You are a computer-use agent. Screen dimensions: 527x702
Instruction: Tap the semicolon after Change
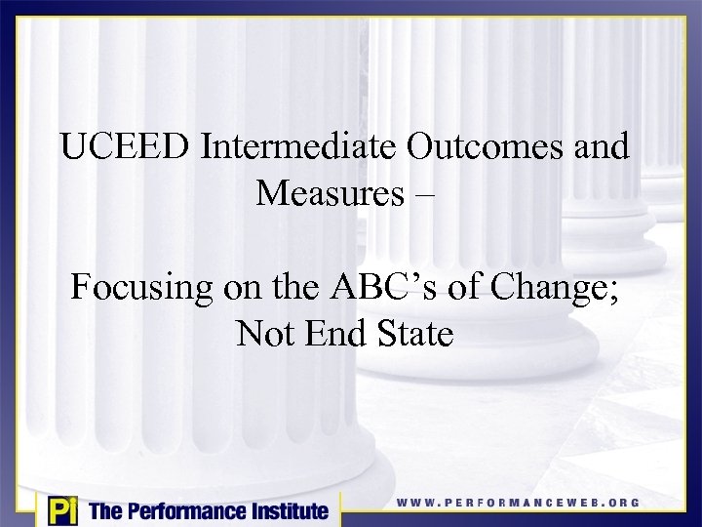click(620, 292)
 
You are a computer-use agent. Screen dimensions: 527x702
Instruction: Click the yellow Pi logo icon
click(61, 509)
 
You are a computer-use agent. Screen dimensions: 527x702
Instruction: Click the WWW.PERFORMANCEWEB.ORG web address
click(518, 503)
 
